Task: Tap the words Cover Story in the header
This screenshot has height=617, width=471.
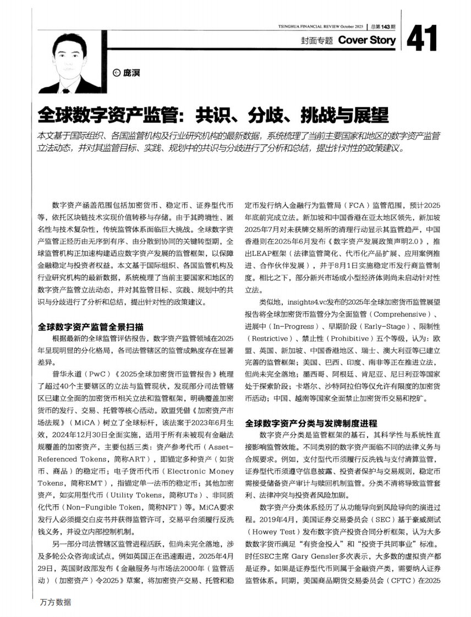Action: pyautogui.click(x=367, y=40)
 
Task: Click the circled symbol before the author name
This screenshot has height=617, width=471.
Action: pyautogui.click(x=116, y=72)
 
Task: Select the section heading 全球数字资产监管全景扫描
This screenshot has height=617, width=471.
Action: pyautogui.click(x=91, y=326)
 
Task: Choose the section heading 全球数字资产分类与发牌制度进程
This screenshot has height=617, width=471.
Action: pyautogui.click(x=311, y=423)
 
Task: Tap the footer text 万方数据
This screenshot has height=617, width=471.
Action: pyautogui.click(x=56, y=602)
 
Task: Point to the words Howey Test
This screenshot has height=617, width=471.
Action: pyautogui.click(x=272, y=532)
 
